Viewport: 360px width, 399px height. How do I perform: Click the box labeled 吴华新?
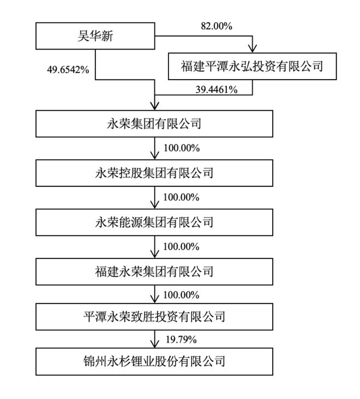tap(95, 36)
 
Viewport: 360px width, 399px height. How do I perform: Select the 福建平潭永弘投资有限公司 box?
tap(253, 66)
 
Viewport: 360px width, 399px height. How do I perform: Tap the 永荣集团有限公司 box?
tap(154, 124)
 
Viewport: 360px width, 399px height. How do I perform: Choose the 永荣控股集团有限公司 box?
tap(154, 173)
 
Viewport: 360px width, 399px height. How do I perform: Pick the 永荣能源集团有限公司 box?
tap(154, 222)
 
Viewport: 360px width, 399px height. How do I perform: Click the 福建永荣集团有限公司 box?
tap(154, 271)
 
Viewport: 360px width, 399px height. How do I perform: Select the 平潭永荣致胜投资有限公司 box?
tap(154, 317)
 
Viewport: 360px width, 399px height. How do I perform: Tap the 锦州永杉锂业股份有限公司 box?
tap(154, 361)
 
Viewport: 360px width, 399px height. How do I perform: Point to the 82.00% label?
tap(217, 26)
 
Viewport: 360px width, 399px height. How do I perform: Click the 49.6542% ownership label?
tap(68, 69)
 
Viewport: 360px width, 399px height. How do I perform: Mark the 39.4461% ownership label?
tap(217, 89)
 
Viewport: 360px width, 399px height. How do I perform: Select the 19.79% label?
tap(181, 340)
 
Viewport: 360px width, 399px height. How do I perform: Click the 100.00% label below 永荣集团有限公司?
tap(182, 148)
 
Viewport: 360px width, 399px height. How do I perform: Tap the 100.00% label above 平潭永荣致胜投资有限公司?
tap(181, 295)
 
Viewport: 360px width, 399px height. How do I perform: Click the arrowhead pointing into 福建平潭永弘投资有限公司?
tap(253, 49)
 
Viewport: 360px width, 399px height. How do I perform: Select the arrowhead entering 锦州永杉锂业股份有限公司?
tap(154, 344)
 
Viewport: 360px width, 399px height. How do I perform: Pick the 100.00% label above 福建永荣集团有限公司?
tap(181, 246)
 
